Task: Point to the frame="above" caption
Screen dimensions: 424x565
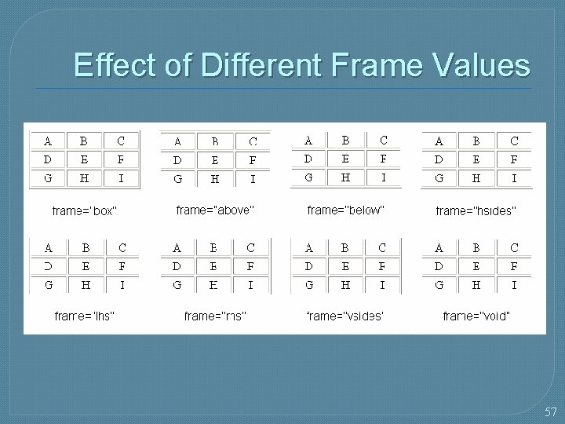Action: click(215, 210)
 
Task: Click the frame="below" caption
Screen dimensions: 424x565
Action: click(345, 210)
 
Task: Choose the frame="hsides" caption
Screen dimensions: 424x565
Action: click(476, 210)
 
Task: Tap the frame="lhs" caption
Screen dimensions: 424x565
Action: click(84, 316)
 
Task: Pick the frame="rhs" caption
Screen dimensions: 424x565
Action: click(215, 316)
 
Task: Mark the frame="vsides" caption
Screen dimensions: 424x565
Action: click(345, 316)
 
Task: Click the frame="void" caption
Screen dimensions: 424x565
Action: click(476, 316)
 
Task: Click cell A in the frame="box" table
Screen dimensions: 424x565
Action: click(48, 142)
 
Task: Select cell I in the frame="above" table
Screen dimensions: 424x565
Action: click(253, 178)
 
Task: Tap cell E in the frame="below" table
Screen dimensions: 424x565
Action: click(345, 159)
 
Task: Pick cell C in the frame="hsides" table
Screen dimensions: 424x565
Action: click(514, 142)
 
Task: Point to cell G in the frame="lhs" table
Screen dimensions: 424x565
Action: click(48, 285)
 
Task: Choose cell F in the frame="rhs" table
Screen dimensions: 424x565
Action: click(250, 266)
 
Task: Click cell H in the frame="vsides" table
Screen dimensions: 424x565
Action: click(345, 285)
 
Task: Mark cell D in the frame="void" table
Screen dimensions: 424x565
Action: click(439, 266)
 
